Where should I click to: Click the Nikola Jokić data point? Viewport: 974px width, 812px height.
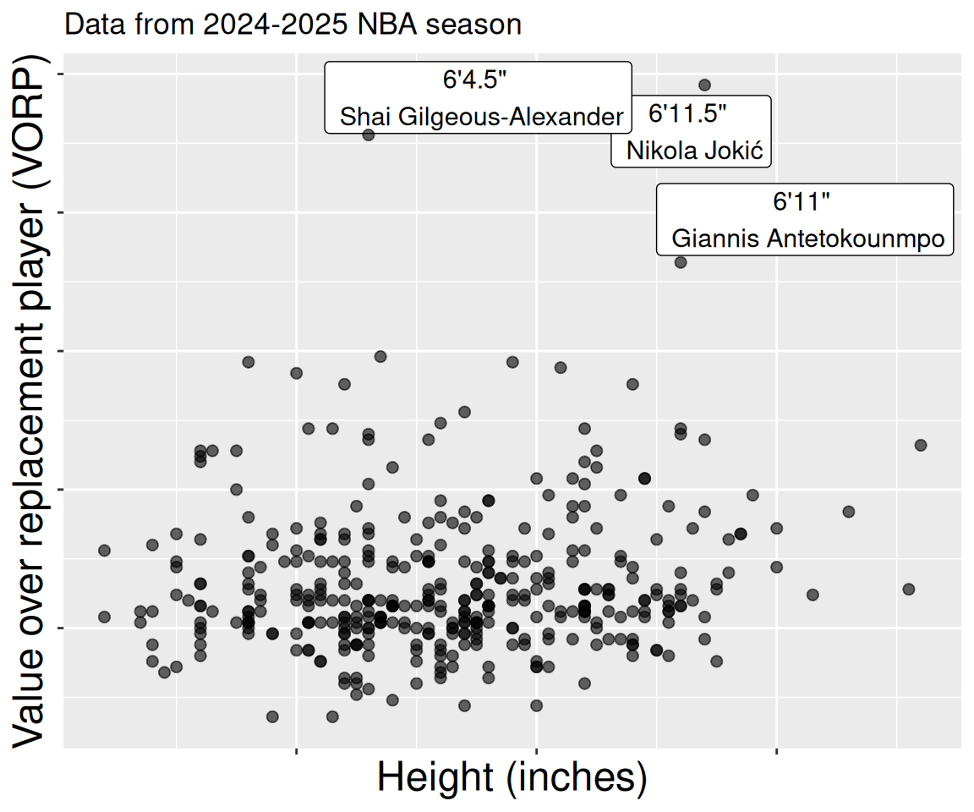coord(704,85)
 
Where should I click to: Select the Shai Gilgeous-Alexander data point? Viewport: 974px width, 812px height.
coord(368,134)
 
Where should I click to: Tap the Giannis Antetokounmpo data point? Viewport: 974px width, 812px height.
coord(681,262)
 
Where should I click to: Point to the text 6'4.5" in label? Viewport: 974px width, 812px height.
coord(474,80)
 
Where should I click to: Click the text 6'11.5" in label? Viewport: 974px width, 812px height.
coord(687,112)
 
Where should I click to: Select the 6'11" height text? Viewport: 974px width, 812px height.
coord(802,201)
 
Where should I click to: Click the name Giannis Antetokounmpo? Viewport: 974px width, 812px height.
coord(807,239)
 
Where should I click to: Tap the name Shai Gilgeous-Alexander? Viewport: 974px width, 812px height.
coord(481,117)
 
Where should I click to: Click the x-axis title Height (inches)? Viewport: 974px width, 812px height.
coord(512,777)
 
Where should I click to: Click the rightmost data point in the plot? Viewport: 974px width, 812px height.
coord(921,445)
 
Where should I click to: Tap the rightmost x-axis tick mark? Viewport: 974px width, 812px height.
coord(776,750)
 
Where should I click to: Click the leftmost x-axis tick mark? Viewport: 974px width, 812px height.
coord(296,750)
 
